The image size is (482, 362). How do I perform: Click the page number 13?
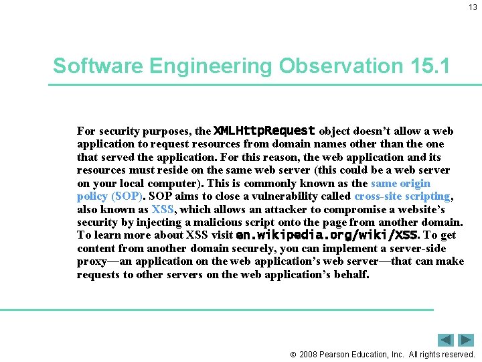[x=472, y=7]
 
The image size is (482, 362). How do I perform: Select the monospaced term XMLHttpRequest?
[x=264, y=131]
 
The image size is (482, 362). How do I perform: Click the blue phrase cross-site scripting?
[x=402, y=196]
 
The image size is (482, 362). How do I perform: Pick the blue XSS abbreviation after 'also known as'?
[x=163, y=209]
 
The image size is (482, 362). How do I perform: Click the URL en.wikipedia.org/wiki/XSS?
[x=327, y=235]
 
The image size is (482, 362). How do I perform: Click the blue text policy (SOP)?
[x=110, y=196]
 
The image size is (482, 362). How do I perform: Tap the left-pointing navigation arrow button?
[x=446, y=340]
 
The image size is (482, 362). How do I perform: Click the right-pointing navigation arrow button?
[x=467, y=340]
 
